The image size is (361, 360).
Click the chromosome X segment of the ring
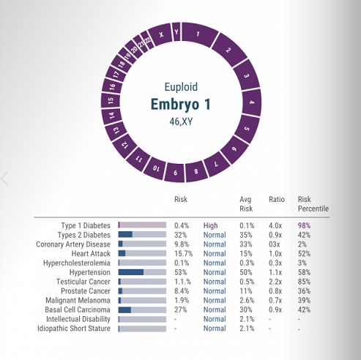pos(160,34)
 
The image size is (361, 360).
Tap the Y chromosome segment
pos(176,31)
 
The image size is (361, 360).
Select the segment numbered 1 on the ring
pos(198,34)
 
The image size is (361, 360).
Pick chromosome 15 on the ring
pos(111,100)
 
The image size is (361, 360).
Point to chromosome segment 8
pos(196,171)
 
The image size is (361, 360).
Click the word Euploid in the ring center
pos(181,87)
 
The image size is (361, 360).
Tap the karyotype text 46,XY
pos(181,121)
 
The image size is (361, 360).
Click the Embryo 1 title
pos(180,104)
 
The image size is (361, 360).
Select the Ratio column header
pos(277,199)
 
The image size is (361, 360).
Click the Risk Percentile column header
pos(313,204)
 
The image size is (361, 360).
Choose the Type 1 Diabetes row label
pos(86,225)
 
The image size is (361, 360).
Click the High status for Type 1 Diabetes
pos(210,225)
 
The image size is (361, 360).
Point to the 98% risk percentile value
pos(304,225)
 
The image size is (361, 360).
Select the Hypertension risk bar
pos(142,272)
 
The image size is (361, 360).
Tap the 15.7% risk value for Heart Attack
pos(183,254)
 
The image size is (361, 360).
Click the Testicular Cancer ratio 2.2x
pos(275,282)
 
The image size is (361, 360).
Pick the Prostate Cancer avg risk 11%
pos(246,291)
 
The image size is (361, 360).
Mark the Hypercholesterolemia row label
pos(77,263)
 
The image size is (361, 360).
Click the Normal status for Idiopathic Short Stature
pos(215,329)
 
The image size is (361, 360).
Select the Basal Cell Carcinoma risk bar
pos(142,310)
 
